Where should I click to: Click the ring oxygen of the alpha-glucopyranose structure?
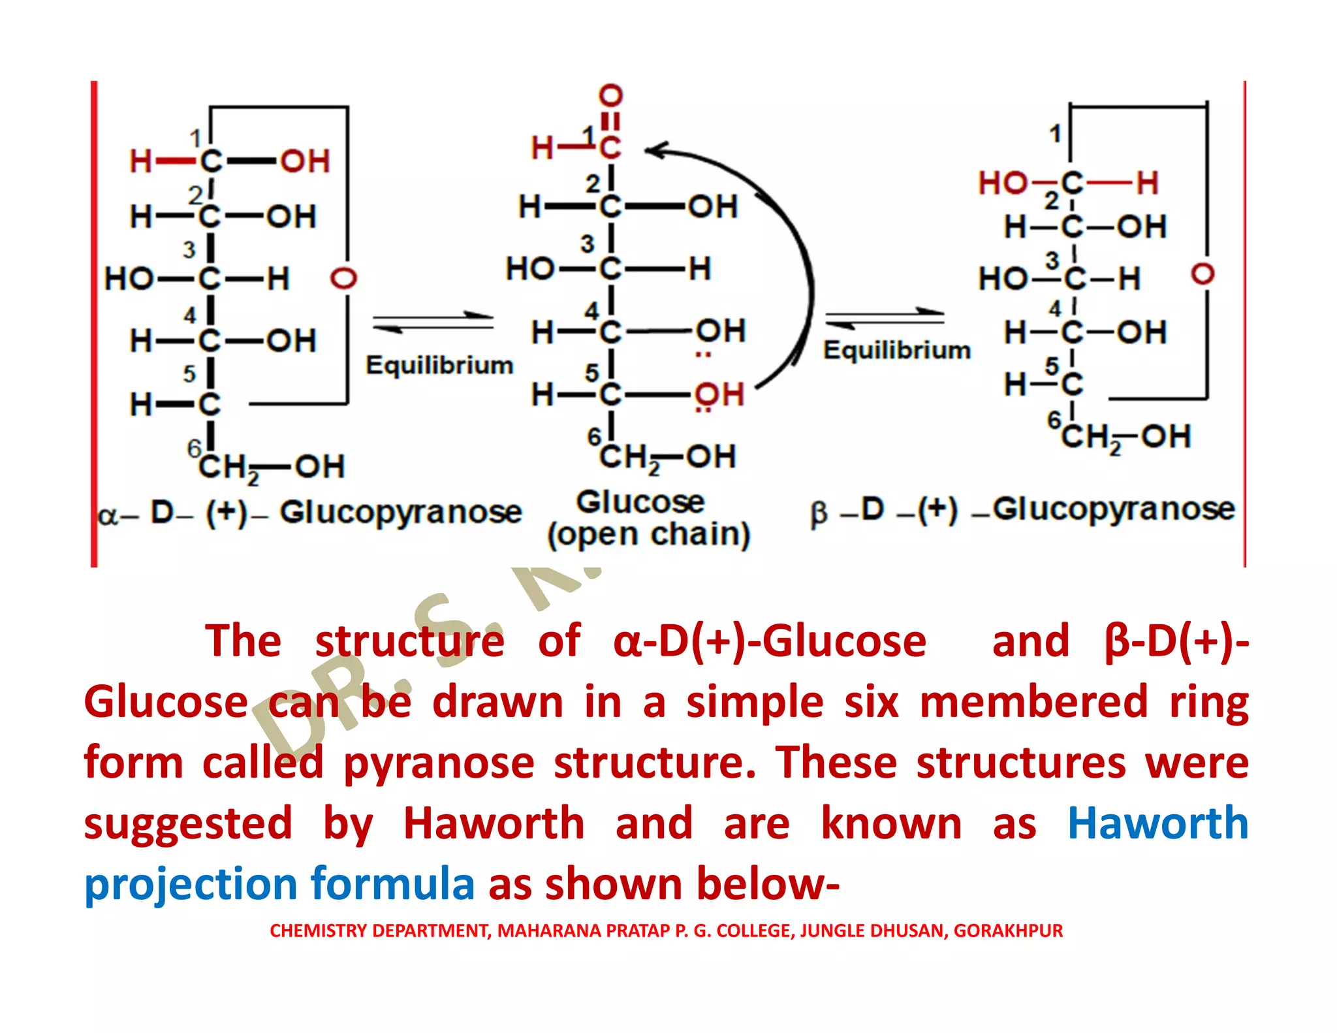click(344, 278)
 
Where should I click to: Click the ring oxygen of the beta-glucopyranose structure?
click(1202, 274)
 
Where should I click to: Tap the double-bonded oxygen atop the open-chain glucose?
click(610, 96)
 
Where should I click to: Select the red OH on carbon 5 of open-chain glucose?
click(719, 394)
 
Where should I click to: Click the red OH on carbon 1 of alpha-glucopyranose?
click(305, 161)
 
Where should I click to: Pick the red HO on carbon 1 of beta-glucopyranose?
click(1003, 183)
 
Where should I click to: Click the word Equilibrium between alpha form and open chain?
click(439, 365)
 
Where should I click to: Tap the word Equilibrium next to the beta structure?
click(896, 350)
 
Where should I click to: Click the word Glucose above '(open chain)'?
click(640, 502)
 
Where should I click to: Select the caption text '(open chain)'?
click(649, 535)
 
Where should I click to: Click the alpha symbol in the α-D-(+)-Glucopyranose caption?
click(108, 516)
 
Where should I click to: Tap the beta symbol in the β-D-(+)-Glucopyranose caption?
click(819, 513)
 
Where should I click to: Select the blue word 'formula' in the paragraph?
click(392, 884)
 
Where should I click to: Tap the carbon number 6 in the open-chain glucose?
click(593, 436)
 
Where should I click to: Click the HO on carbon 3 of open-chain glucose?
click(530, 269)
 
